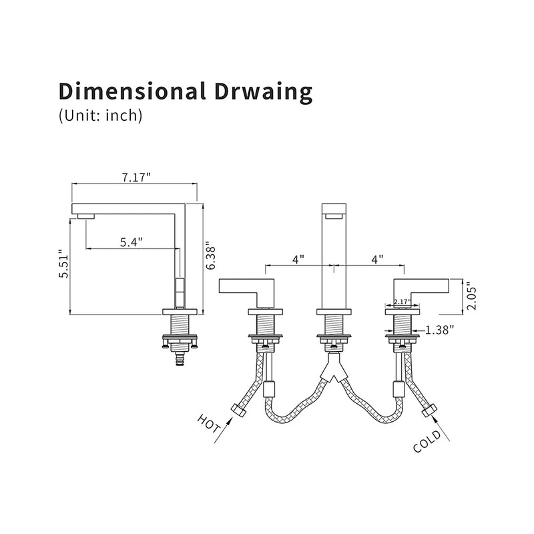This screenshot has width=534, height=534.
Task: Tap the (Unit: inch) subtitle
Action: pos(101,115)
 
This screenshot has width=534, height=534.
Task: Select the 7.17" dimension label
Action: pos(136,177)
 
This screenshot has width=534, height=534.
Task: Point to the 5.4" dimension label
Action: pos(131,242)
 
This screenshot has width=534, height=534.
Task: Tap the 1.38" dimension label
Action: pos(439,329)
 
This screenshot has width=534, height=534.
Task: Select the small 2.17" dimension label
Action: pos(402,302)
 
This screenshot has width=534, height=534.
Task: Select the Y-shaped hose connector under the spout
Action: pos(332,370)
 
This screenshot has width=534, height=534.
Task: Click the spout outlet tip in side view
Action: pos(85,215)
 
